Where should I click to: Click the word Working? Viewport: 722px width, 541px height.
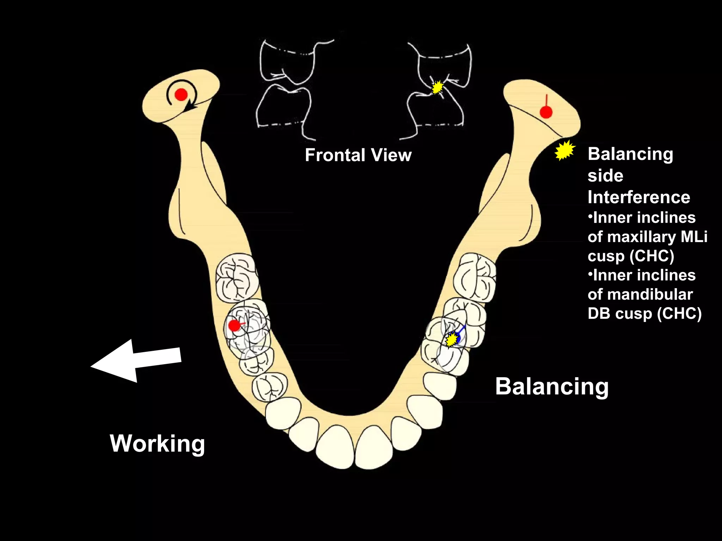(x=157, y=443)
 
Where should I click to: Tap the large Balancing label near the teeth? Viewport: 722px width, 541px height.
(x=552, y=386)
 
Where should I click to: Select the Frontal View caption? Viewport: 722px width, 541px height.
(x=358, y=155)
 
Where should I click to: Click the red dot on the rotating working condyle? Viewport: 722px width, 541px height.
(x=181, y=94)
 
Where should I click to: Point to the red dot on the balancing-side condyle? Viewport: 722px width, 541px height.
(x=546, y=112)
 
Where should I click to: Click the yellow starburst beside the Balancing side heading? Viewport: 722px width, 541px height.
(x=565, y=150)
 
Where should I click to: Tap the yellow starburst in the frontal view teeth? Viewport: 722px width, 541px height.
(x=438, y=87)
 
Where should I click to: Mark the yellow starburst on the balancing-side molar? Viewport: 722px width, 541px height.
(x=451, y=340)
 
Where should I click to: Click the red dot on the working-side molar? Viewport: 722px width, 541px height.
(x=234, y=325)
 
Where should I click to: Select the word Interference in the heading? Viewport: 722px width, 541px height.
(x=638, y=197)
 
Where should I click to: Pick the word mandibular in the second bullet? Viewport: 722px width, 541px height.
(x=640, y=294)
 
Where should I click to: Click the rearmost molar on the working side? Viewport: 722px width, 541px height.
(x=237, y=277)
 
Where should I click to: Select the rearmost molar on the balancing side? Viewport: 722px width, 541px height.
(x=475, y=277)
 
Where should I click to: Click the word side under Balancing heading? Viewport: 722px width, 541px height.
(x=605, y=175)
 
